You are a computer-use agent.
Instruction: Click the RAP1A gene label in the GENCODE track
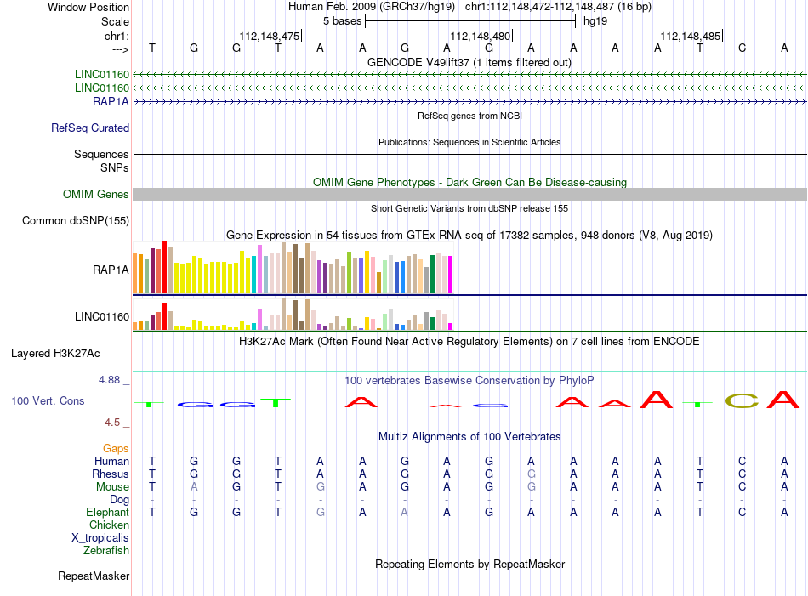111,101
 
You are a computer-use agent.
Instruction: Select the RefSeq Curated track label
90,128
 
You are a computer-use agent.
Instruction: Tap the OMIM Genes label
96,194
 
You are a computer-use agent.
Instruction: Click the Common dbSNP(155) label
76,220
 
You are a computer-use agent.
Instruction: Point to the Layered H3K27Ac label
55,354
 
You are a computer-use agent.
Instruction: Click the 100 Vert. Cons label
48,400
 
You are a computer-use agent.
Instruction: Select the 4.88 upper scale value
109,380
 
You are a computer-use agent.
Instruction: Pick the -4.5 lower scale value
111,423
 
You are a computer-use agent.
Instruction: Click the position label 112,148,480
481,36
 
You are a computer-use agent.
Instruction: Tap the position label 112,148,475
270,36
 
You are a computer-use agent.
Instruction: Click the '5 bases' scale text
343,21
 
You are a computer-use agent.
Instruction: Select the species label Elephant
108,512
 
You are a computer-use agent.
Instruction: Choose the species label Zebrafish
106,551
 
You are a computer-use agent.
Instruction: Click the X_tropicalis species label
100,538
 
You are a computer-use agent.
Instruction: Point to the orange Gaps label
116,448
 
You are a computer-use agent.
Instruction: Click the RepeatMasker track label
94,576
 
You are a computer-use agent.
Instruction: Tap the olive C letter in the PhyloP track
742,400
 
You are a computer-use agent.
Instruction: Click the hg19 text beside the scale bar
595,21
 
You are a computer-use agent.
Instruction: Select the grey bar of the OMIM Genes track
469,194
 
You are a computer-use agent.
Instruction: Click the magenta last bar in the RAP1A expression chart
451,275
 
